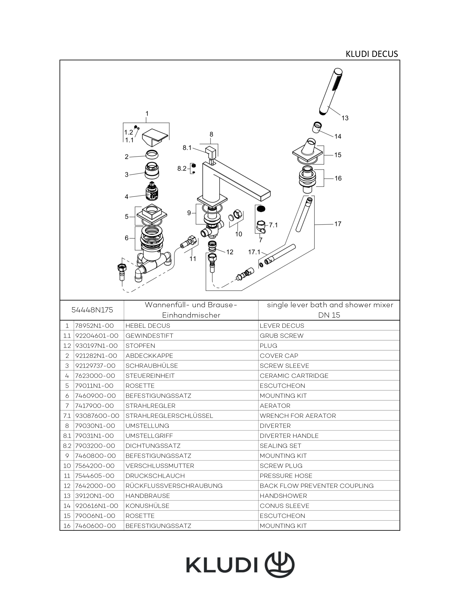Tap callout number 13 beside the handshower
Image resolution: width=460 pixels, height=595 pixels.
pyautogui.click(x=345, y=118)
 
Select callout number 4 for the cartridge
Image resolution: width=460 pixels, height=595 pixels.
pyautogui.click(x=126, y=197)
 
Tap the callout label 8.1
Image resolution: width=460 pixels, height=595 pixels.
pyautogui.click(x=187, y=148)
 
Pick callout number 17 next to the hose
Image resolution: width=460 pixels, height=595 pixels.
pyautogui.click(x=338, y=224)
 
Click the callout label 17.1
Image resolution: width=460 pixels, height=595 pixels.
pyautogui.click(x=254, y=252)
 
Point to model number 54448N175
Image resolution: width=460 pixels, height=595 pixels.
pyautogui.click(x=92, y=310)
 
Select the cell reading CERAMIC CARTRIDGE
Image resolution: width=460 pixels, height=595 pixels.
pyautogui.click(x=294, y=376)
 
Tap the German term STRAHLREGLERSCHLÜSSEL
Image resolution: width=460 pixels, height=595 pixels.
pyautogui.click(x=169, y=416)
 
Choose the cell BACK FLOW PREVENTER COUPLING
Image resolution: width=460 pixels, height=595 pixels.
pyautogui.click(x=316, y=486)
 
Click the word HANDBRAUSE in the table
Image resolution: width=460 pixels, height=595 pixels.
pyautogui.click(x=148, y=496)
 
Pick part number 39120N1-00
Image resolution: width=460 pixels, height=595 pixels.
pyautogui.click(x=94, y=496)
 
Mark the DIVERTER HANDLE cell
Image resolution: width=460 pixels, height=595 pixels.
pyautogui.click(x=289, y=436)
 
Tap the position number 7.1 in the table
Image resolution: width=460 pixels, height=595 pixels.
pyautogui.click(x=67, y=416)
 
